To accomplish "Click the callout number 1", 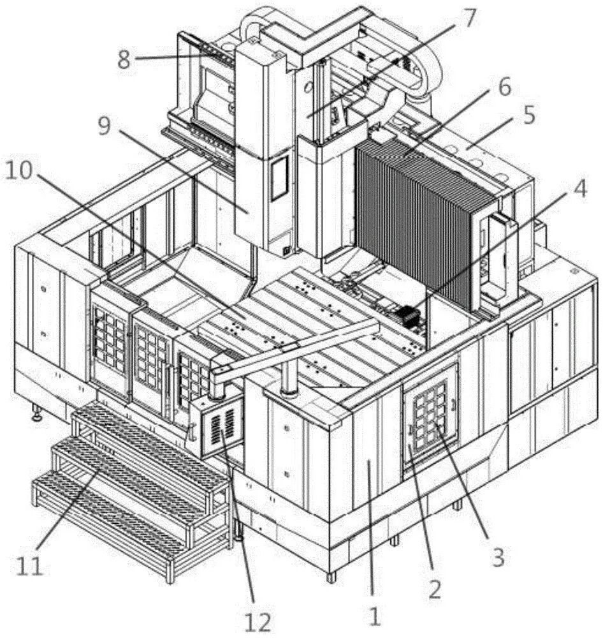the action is (374, 616).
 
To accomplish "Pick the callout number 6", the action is (505, 86).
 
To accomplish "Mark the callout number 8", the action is (124, 59).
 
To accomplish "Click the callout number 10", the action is (18, 171).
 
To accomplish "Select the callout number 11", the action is (30, 566).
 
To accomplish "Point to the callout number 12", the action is (258, 621).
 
